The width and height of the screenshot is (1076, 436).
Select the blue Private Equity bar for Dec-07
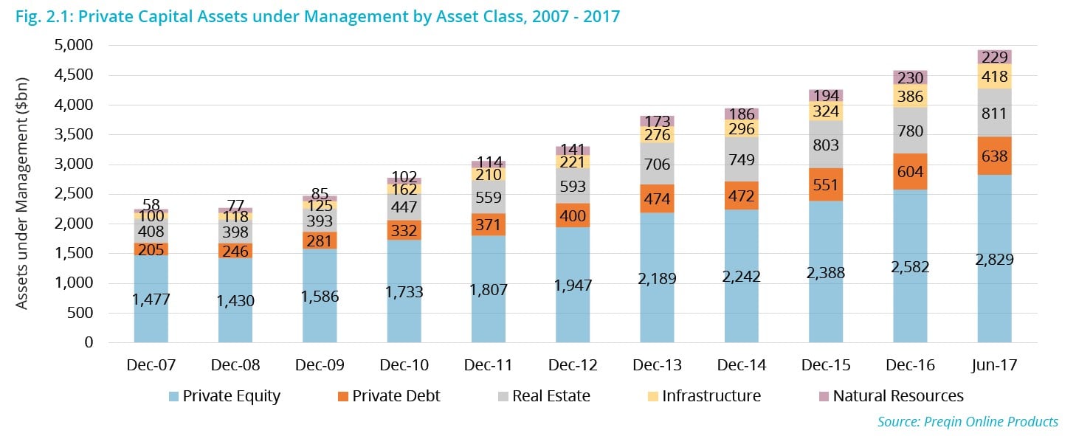pos(151,299)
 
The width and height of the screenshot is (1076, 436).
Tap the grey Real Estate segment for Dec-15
pos(826,145)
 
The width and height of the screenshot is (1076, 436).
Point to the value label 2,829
pos(994,260)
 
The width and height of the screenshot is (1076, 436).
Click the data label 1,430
pos(235,301)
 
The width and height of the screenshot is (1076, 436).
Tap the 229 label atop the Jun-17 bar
pos(994,57)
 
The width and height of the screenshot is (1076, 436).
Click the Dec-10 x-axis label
pos(404,364)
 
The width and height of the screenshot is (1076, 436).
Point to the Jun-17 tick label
pos(994,364)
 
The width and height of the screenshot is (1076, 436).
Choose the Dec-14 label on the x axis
pos(741,364)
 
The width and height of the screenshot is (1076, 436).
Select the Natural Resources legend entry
pos(897,396)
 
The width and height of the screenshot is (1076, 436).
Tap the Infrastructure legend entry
pos(711,396)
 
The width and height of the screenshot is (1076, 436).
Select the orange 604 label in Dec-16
pos(910,171)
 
